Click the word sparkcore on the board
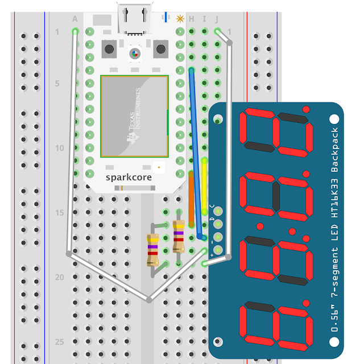(x=129, y=177)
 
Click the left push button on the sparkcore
(x=109, y=49)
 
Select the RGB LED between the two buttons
(x=135, y=54)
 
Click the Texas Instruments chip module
(x=134, y=116)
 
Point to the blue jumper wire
(x=195, y=153)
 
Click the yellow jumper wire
(x=204, y=186)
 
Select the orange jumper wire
(x=191, y=198)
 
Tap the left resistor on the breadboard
(x=153, y=250)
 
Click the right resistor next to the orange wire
(x=179, y=237)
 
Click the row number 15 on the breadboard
(x=59, y=213)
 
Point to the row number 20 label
(x=59, y=277)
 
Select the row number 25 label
(x=59, y=342)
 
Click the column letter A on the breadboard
(x=75, y=19)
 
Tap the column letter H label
(x=192, y=19)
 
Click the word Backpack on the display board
(x=334, y=150)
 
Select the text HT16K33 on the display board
(x=334, y=198)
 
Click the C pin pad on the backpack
(x=218, y=211)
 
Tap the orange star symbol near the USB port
(x=180, y=19)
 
